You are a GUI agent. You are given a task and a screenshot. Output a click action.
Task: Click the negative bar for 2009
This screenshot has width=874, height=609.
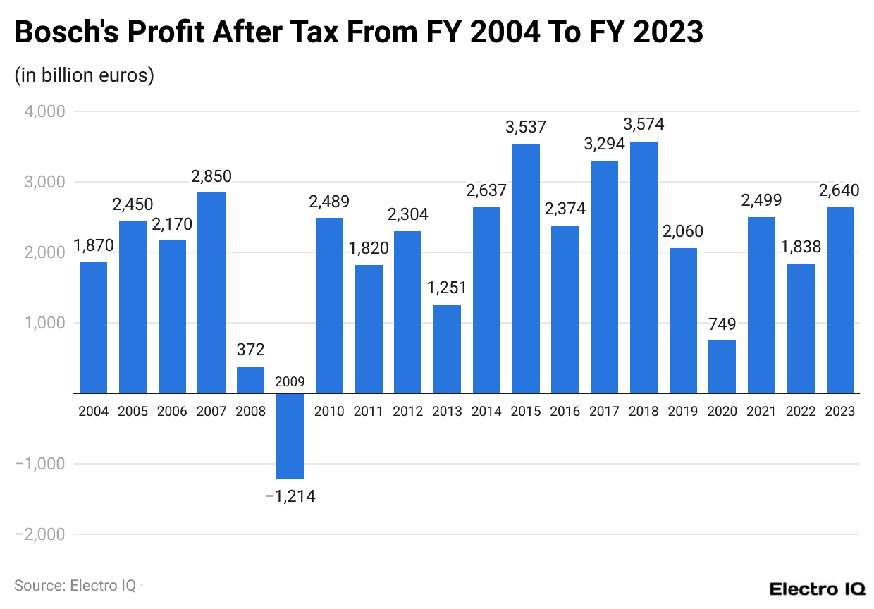point(290,436)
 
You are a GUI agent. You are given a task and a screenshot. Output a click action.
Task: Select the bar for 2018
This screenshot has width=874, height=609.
point(644,267)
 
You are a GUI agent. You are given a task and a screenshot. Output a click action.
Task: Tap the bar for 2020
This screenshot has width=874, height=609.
point(722,367)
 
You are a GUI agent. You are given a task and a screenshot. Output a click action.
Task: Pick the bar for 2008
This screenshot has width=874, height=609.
point(250,380)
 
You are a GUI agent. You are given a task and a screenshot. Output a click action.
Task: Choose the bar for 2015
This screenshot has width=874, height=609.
point(526,269)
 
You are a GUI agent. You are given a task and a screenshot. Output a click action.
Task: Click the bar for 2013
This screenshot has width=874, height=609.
point(447,349)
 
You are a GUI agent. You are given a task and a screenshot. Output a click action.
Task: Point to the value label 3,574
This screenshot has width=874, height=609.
point(644,125)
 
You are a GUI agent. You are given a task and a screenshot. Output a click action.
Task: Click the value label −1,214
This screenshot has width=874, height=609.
point(290,496)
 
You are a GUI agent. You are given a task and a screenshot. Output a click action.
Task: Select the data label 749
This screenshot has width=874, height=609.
point(722,324)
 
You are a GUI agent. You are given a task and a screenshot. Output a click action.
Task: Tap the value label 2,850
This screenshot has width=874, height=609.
point(211,176)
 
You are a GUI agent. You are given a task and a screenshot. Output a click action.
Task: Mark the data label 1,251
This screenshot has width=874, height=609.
point(447,288)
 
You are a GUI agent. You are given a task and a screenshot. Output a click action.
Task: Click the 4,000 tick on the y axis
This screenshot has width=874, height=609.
point(45,111)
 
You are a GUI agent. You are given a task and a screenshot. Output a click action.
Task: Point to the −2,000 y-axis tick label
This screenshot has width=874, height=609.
point(40,534)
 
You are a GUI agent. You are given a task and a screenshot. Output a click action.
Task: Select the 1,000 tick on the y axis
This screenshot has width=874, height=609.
point(45,323)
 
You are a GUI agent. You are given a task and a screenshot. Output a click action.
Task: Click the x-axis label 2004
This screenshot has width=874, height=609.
point(94,412)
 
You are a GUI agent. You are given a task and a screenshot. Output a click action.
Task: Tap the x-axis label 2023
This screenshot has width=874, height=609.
point(840,412)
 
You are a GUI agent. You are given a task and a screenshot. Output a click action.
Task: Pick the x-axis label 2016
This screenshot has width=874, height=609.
point(565,412)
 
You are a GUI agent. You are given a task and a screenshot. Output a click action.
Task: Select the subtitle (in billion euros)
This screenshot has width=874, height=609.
point(84,75)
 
